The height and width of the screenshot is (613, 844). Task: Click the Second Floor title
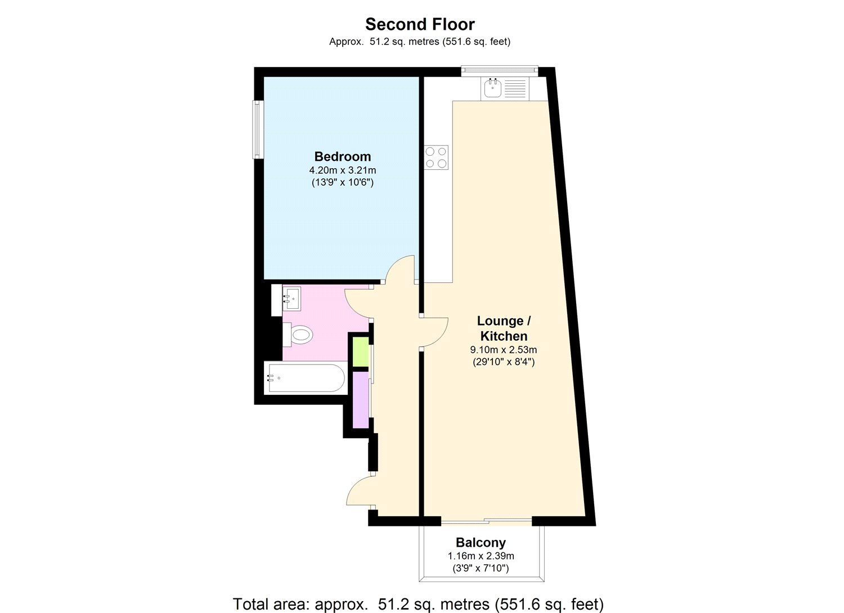pyautogui.click(x=420, y=24)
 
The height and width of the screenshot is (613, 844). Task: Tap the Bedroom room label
pyautogui.click(x=342, y=156)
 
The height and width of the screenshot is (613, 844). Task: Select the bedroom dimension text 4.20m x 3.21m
pyautogui.click(x=342, y=170)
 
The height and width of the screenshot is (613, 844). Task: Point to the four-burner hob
pyautogui.click(x=437, y=157)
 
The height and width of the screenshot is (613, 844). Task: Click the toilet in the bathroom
pyautogui.click(x=300, y=336)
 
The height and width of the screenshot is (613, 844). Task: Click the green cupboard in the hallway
pyautogui.click(x=360, y=351)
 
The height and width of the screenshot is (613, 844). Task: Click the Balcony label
pyautogui.click(x=481, y=543)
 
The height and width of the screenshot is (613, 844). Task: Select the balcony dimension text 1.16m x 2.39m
pyautogui.click(x=481, y=556)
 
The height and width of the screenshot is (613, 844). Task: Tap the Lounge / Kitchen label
pyautogui.click(x=504, y=328)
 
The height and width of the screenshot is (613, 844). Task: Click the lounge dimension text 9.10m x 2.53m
pyautogui.click(x=504, y=350)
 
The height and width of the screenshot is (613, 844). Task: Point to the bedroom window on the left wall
pyautogui.click(x=258, y=129)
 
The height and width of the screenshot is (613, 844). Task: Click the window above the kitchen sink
pyautogui.click(x=499, y=70)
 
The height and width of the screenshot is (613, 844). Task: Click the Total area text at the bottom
pyautogui.click(x=418, y=604)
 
